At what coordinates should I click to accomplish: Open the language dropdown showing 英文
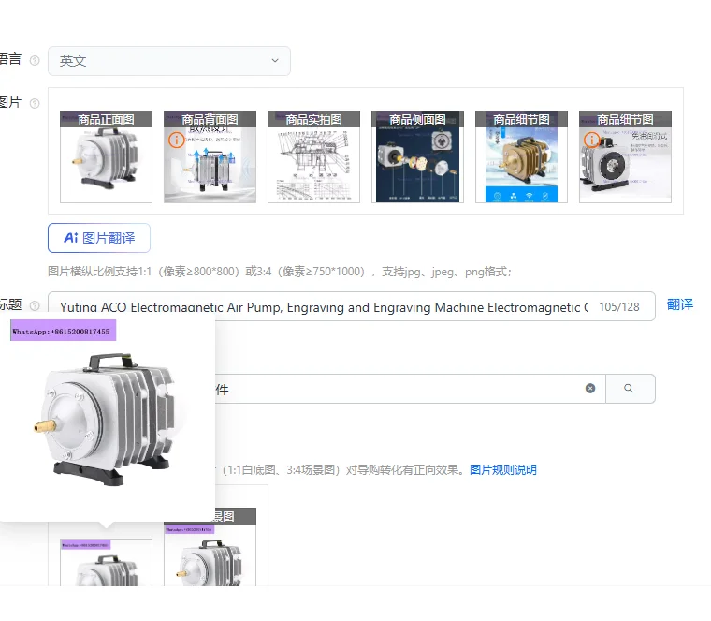(x=168, y=61)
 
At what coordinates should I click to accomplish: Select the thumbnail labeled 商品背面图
(x=210, y=156)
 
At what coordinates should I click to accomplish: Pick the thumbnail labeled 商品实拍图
(x=313, y=156)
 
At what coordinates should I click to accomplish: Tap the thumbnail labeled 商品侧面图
(x=417, y=156)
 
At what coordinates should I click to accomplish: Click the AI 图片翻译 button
(x=98, y=238)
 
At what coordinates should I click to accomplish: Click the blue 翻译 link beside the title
(x=680, y=304)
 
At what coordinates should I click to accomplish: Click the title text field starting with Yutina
(x=323, y=306)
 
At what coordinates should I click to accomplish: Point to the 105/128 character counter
(x=619, y=306)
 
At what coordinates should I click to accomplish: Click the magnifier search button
(x=630, y=388)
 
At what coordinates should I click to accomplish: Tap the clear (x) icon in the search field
(x=590, y=388)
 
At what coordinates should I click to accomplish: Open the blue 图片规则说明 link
(x=503, y=469)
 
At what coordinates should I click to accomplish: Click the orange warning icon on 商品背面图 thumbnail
(x=175, y=140)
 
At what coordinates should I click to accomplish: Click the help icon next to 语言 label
(x=35, y=60)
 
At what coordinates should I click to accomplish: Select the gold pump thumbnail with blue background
(x=521, y=156)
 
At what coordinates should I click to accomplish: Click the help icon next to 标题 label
(x=35, y=305)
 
